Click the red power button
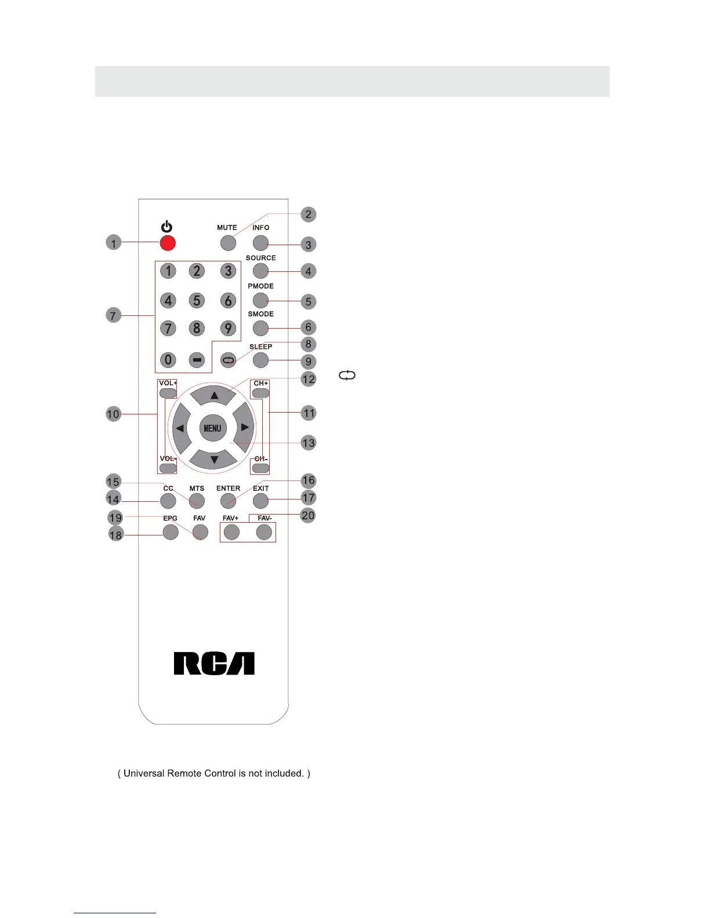[x=168, y=243]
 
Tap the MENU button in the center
[x=212, y=428]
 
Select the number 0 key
[x=168, y=360]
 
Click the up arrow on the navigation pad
[x=214, y=395]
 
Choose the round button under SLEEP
[x=261, y=360]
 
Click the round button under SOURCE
[x=261, y=271]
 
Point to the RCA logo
[x=214, y=664]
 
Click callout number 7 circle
[x=113, y=316]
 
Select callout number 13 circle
[x=309, y=443]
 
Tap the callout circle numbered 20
[x=308, y=515]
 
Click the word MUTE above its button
[x=227, y=228]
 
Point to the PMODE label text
[x=260, y=286]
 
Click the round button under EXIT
[x=261, y=501]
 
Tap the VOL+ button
[x=168, y=393]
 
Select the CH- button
[x=261, y=468]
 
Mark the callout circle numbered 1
[x=114, y=242]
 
